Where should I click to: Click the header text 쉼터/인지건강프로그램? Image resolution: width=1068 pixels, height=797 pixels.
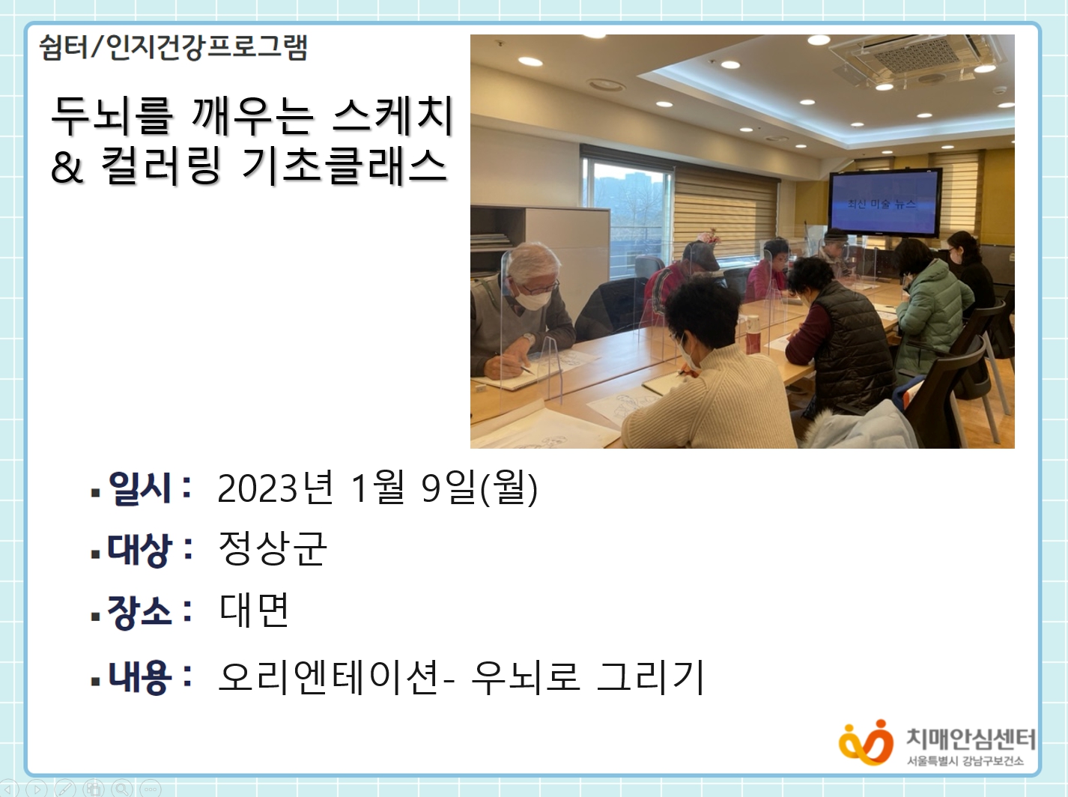pos(173,48)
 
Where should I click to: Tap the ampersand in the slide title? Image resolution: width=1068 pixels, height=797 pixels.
pos(67,166)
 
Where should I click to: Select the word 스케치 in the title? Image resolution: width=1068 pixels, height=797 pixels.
pos(392,116)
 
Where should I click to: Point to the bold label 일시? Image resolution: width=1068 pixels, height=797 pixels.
pos(139,488)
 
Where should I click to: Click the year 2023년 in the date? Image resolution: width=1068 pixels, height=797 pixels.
pos(276,488)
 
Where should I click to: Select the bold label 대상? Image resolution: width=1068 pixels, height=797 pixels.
pos(139,550)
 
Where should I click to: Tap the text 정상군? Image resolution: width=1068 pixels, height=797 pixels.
pos(273,548)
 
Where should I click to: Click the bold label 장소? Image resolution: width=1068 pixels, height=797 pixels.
pos(139,612)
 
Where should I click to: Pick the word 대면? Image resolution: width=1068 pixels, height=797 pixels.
pos(255,609)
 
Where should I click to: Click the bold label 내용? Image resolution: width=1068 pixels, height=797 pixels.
pos(139,677)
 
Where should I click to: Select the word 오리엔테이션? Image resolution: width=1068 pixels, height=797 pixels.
pos(330,677)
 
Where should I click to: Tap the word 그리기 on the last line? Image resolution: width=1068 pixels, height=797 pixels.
pos(651,677)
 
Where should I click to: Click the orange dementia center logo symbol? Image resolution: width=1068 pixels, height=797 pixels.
pos(866,742)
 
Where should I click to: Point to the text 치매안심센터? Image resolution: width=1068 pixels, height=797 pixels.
pos(970,739)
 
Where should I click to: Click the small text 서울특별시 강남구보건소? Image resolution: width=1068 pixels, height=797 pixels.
pos(965,761)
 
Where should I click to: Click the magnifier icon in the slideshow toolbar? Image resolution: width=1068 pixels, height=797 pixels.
pos(122,788)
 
